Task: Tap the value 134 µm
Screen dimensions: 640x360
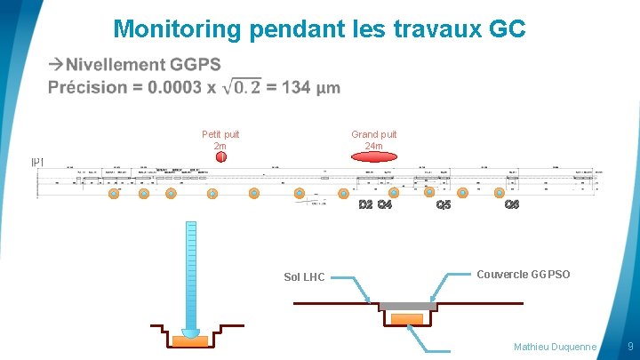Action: tap(312, 87)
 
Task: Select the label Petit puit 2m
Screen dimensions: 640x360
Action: tap(220, 140)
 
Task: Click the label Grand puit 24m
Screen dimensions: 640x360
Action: tap(373, 140)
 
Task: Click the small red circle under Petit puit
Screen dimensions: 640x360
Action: tap(221, 157)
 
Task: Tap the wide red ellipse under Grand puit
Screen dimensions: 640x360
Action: tap(373, 156)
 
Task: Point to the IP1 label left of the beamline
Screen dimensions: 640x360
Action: tap(37, 162)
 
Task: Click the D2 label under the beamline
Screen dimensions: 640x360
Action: tap(364, 205)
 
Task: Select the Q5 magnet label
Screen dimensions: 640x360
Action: tap(444, 205)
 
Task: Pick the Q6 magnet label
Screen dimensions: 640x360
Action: tap(511, 205)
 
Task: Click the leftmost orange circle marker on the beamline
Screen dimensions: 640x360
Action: tap(113, 193)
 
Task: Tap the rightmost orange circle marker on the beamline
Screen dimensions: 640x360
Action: tap(497, 193)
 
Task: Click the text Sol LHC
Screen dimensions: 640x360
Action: tap(304, 277)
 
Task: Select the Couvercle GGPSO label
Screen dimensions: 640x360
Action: tap(524, 275)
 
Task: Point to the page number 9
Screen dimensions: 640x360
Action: tap(630, 345)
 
